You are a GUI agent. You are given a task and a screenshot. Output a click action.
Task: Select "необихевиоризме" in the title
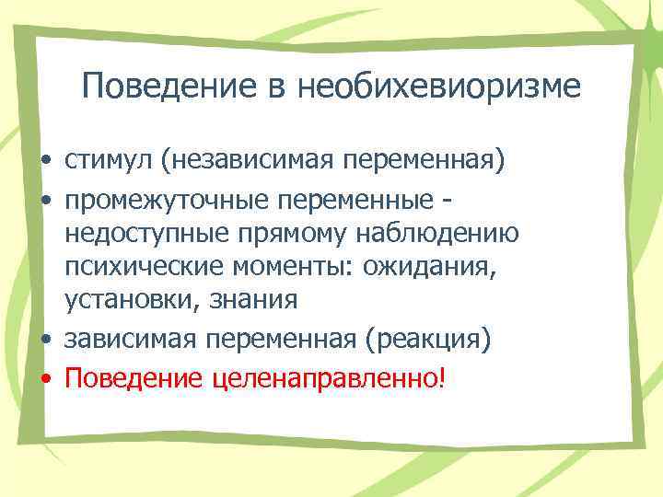(440, 87)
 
